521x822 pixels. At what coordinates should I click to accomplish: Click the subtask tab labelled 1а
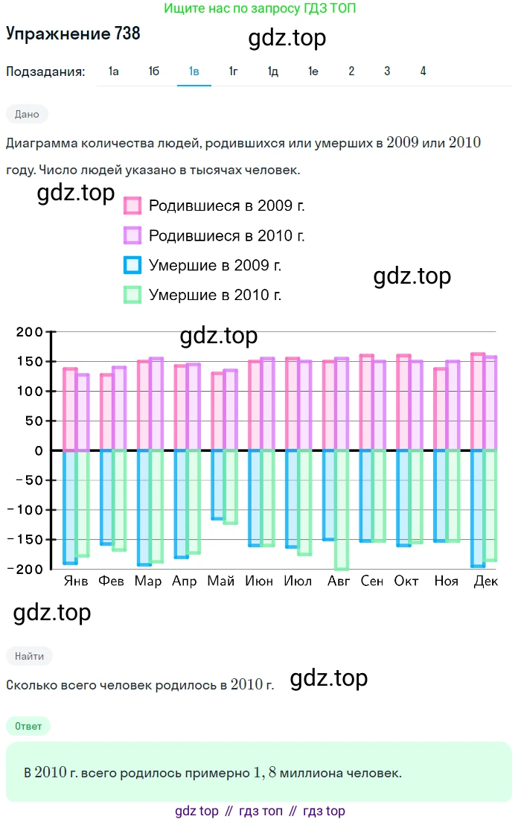(x=114, y=71)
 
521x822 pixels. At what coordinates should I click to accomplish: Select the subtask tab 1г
(x=234, y=71)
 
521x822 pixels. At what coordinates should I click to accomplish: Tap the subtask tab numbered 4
(x=423, y=71)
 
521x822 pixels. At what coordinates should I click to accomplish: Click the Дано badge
(x=27, y=114)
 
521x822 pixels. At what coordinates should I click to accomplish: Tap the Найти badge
(x=29, y=656)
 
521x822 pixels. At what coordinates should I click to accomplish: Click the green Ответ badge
(x=27, y=725)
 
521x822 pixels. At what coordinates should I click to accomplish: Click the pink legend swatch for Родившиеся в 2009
(x=132, y=205)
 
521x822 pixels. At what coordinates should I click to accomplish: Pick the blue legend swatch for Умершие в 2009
(x=132, y=265)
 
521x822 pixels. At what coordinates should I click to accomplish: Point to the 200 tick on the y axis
(x=31, y=332)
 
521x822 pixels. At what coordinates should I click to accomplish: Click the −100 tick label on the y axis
(x=26, y=510)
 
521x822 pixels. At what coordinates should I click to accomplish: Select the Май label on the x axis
(x=222, y=582)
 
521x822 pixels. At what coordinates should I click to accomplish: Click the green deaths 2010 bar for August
(x=342, y=509)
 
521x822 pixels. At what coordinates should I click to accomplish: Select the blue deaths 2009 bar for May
(x=217, y=485)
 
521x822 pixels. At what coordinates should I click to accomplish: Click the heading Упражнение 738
(x=73, y=34)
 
